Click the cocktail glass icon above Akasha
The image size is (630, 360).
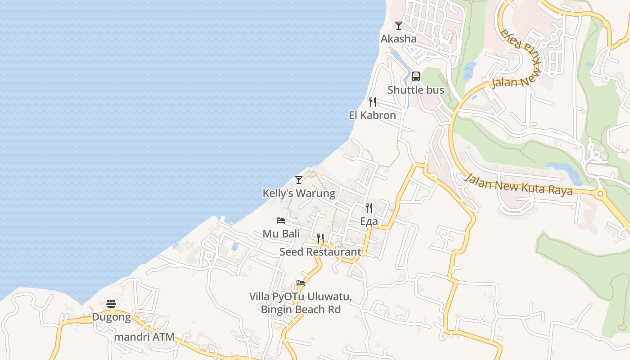coord(398,26)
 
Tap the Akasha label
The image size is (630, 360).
coord(399,39)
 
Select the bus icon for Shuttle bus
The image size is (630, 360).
coord(416,76)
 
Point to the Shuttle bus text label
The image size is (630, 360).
coord(416,90)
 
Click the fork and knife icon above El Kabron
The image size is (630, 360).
coord(372,102)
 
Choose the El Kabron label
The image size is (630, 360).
coord(373,115)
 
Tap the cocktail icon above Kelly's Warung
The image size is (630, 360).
coord(299,180)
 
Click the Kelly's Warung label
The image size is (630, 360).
coord(299,193)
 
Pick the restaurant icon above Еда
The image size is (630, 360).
coord(369,208)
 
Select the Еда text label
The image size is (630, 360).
coord(369,221)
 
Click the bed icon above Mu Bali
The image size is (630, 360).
coord(281,220)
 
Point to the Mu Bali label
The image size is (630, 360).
coord(281,234)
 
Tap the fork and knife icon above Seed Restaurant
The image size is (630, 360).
coord(320,238)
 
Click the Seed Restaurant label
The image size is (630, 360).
coord(320,252)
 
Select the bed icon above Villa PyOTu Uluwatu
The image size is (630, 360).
coord(301,283)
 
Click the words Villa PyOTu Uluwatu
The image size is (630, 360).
coord(301,297)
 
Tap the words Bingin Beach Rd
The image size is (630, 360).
coord(301,310)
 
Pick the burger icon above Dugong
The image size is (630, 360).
coord(111,304)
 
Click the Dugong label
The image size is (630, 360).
coord(111,317)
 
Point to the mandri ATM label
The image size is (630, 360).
coord(144,337)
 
